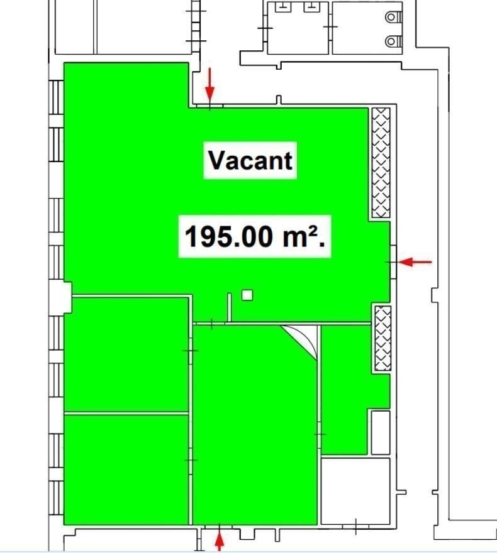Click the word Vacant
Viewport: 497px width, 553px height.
click(x=250, y=160)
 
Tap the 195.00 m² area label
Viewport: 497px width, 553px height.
click(x=255, y=236)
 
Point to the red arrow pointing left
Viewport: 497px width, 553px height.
click(x=415, y=262)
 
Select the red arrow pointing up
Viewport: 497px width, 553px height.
click(x=220, y=538)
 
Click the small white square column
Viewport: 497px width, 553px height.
click(x=247, y=295)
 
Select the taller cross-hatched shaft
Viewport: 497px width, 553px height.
click(x=381, y=163)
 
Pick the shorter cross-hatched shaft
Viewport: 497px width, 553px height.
click(x=383, y=338)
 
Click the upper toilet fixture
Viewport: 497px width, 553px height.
click(x=393, y=17)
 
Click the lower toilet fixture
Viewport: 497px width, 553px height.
click(x=393, y=41)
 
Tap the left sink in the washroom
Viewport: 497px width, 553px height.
click(x=283, y=7)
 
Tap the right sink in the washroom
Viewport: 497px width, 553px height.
click(x=311, y=7)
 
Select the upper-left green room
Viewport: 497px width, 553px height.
click(x=126, y=354)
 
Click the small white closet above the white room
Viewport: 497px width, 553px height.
click(x=381, y=432)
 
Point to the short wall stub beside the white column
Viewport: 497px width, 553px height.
click(x=230, y=307)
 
